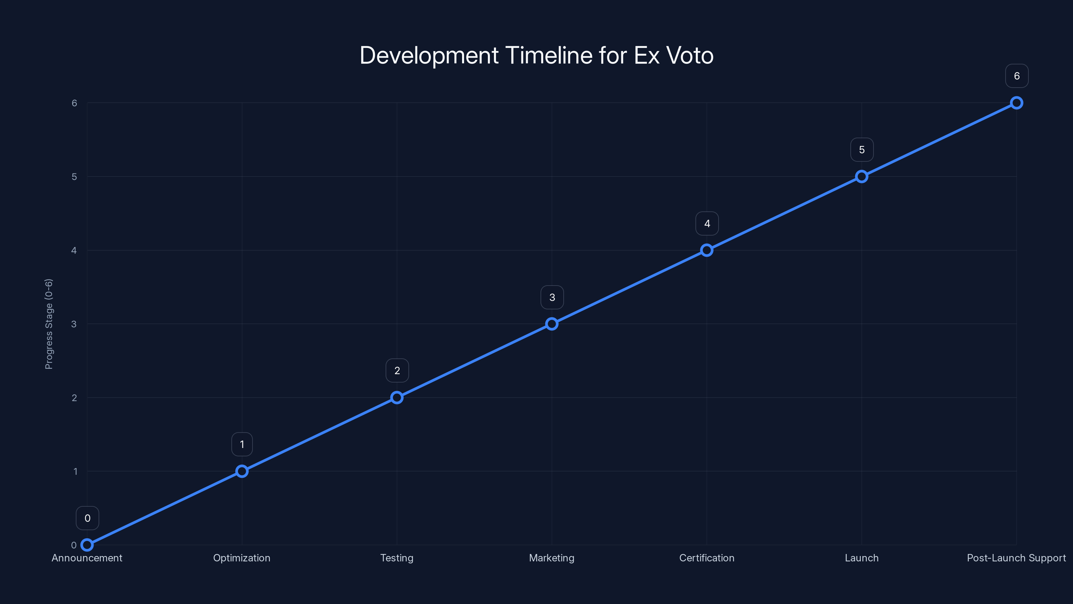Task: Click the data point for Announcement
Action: pos(87,545)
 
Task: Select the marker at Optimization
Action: pos(242,471)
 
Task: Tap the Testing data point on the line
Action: pos(397,398)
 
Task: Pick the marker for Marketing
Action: pos(552,324)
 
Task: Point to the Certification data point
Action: pos(707,250)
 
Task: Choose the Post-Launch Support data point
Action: pos(1017,103)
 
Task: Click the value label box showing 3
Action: pos(552,297)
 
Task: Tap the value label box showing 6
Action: pos(1017,76)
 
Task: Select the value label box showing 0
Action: pos(88,518)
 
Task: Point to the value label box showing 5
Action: pos(862,150)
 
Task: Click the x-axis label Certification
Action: pos(707,558)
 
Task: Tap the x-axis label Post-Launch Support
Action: pos(1016,558)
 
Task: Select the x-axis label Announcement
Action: pos(87,558)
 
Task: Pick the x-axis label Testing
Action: pos(397,558)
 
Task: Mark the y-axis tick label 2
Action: pos(74,398)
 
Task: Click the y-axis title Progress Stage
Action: pos(49,324)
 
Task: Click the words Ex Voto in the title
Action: pos(674,55)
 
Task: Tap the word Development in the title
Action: pos(429,55)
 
